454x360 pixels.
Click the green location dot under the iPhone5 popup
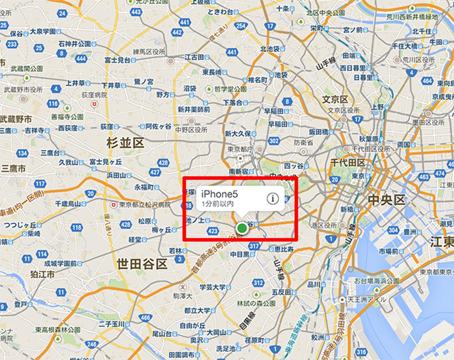tap(242, 228)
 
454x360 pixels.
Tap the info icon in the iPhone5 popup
tap(272, 198)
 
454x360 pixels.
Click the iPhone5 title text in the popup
tap(219, 194)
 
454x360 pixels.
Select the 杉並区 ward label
tap(125, 143)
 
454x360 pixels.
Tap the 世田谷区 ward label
tap(142, 264)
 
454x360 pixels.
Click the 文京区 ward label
tap(335, 100)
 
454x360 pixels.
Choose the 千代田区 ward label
tap(347, 163)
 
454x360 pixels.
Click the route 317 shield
tap(254, 246)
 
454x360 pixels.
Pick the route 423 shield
tap(213, 231)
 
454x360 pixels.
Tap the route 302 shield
tap(274, 141)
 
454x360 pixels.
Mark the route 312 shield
tap(258, 283)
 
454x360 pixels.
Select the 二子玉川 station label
tap(111, 324)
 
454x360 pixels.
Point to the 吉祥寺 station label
tap(34, 131)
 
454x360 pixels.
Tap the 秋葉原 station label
tap(369, 139)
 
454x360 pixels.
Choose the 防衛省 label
tap(303, 143)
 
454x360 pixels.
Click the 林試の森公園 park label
tap(256, 303)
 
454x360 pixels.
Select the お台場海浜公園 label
tap(377, 281)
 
